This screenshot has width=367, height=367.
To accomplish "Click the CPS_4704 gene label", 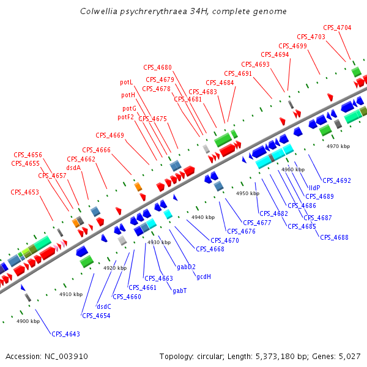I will pos(337,28).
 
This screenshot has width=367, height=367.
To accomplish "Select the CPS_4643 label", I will pos(65,334).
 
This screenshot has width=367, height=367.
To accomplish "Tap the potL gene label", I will pos(127,82).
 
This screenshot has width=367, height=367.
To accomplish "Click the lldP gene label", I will pos(314,187).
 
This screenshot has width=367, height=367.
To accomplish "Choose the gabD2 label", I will pos(186,267).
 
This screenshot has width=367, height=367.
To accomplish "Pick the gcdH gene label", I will pos(204,276).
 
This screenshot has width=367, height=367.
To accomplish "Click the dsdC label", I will pos(104,306).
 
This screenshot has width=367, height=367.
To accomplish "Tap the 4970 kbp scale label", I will pos(338,146).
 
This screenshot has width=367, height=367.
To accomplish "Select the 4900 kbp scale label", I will pos(28,321).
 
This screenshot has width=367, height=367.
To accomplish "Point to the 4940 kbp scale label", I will pos(203,217).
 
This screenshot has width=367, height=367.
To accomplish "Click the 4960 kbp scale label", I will pos(292,169).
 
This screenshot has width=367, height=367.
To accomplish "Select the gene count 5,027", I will pos(349,356).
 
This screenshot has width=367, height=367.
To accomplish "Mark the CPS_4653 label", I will pos(24,192).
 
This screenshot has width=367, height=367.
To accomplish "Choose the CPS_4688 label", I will pos(333,237).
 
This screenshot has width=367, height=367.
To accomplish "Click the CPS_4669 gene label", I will pos(109,135).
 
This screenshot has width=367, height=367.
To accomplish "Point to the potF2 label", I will pos(125,117).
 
